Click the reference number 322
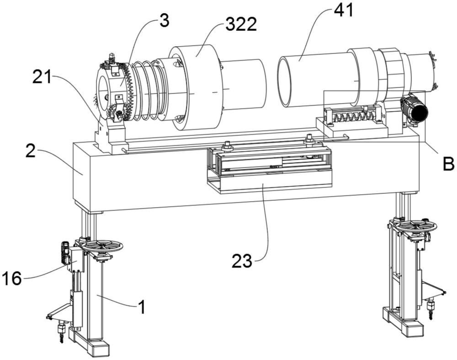pos(241,24)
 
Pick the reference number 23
pos(242,261)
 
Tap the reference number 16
pos(12,278)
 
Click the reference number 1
pos(142,307)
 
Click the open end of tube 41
pos(284,81)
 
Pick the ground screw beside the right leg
pos(430,309)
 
